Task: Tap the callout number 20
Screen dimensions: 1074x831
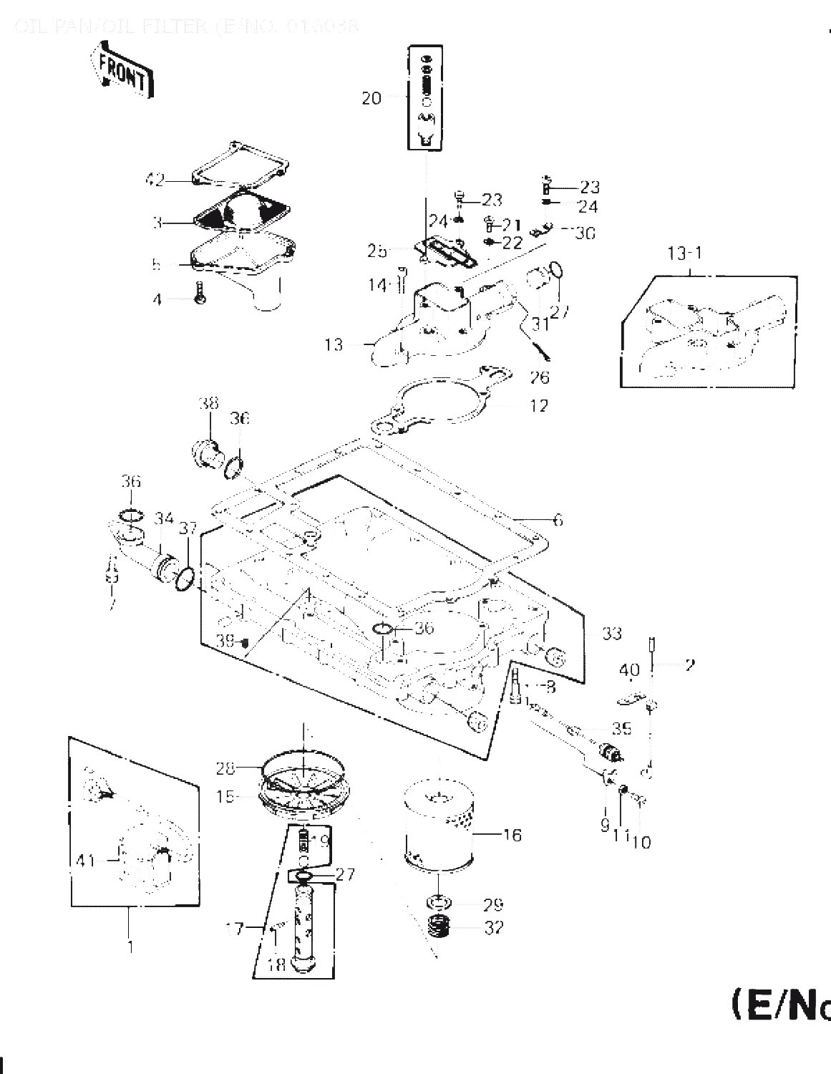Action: tap(371, 98)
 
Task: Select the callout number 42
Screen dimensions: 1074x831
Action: tap(155, 180)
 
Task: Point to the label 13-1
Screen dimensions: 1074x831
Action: tap(685, 254)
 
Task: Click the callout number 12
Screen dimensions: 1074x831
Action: tap(538, 406)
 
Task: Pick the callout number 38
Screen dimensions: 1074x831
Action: tap(209, 404)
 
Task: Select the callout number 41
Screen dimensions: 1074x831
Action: tap(87, 859)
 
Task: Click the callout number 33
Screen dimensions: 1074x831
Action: tap(612, 634)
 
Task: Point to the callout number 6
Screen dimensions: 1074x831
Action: tap(558, 520)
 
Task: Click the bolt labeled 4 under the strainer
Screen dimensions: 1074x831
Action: tap(200, 293)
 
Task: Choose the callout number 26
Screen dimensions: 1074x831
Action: tap(539, 377)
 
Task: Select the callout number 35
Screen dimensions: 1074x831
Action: tap(621, 728)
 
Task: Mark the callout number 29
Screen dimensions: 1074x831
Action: tap(493, 904)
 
